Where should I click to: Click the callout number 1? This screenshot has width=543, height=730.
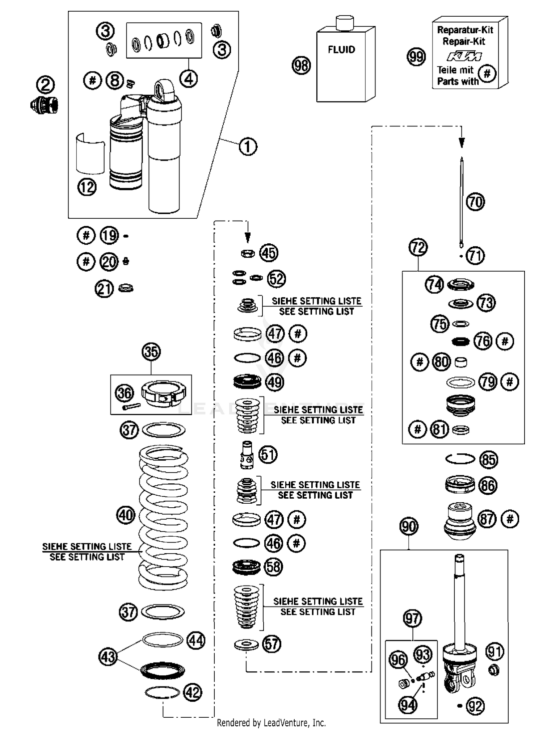pos(248,147)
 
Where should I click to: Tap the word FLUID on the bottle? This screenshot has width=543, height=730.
pos(341,50)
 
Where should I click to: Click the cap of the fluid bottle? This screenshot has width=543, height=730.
pos(345,22)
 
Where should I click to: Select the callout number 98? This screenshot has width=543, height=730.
pos(301,66)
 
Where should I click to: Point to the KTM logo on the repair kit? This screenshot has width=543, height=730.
pos(464,56)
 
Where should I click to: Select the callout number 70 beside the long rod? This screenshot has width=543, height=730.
pos(475,202)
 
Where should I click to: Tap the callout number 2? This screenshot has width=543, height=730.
pos(46,85)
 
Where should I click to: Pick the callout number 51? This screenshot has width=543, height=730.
pos(268,454)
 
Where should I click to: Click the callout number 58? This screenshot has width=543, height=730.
pos(273,567)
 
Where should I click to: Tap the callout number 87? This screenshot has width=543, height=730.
pos(487,519)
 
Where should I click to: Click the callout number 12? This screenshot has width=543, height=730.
pos(87,187)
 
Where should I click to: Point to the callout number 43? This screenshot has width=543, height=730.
pos(108,656)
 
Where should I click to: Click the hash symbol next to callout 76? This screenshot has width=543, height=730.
pos(505,341)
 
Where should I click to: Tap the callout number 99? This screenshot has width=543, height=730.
pos(416,57)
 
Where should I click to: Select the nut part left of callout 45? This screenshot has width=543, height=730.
pos(248,253)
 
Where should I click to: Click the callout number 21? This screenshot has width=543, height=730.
pos(104,289)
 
